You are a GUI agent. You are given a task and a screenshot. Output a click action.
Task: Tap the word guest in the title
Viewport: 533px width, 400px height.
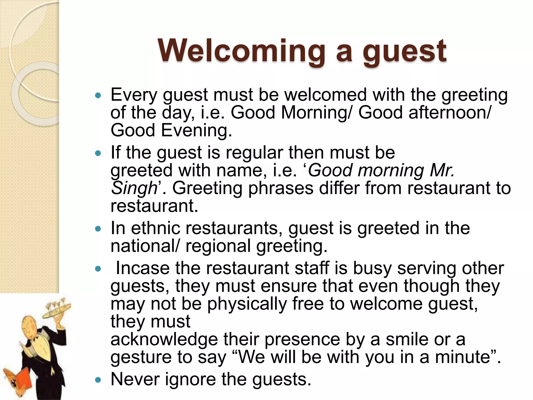point(405,51)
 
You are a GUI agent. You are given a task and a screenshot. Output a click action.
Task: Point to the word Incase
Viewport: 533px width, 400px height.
point(143,268)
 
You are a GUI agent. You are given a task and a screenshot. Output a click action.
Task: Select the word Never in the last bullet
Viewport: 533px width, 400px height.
point(135,379)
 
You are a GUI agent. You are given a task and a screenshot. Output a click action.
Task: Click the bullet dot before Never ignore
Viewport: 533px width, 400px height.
point(98,380)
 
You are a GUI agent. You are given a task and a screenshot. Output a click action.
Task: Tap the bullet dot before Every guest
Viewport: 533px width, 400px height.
point(98,96)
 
